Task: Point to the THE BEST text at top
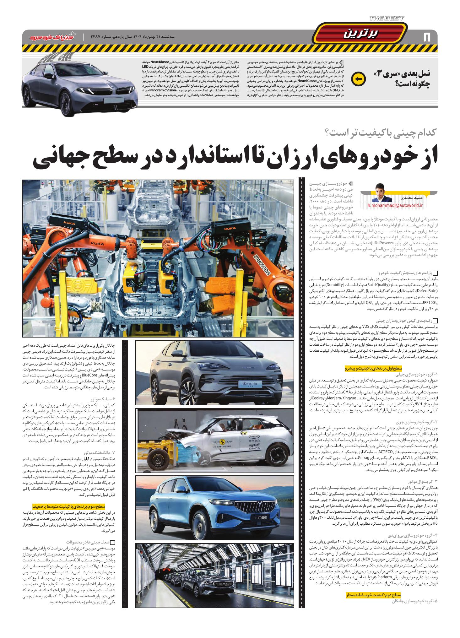point(387,19)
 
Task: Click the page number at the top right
point(426,37)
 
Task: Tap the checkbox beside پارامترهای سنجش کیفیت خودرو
point(435,273)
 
